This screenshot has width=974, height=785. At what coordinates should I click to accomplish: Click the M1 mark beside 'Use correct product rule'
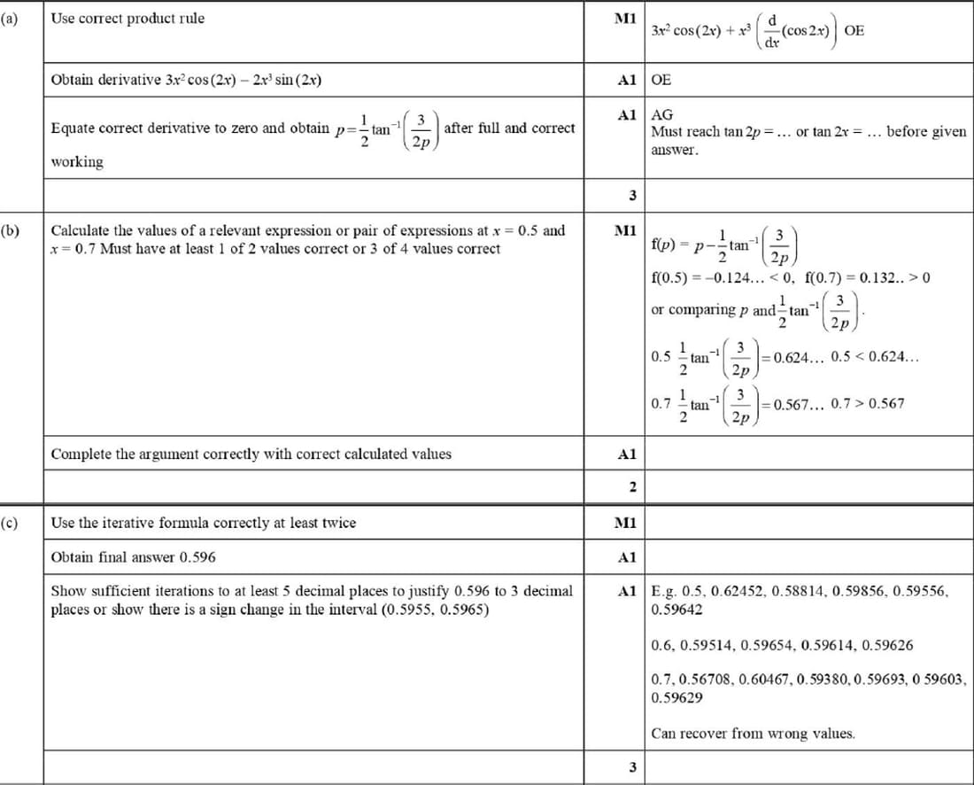[x=626, y=19]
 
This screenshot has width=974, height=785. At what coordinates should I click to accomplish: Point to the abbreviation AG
[x=661, y=115]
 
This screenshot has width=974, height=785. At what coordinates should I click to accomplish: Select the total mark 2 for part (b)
[x=632, y=486]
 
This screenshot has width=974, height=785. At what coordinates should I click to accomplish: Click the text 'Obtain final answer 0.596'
[x=133, y=557]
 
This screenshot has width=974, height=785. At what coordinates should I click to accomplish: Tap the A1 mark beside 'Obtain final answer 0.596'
[x=626, y=557]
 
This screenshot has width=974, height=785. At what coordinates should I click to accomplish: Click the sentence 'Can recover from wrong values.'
[x=753, y=734]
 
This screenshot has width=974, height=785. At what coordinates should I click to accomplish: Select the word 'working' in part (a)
[x=77, y=162]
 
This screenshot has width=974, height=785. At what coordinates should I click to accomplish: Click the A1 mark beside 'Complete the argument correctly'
[x=626, y=455]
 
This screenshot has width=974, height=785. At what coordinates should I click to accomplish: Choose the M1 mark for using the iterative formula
[x=626, y=523]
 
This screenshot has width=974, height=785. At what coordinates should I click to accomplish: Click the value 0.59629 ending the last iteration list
[x=676, y=698]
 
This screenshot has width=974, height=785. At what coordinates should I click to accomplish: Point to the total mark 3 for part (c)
[x=632, y=767]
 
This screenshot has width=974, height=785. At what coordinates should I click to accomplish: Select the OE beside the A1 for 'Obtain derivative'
[x=661, y=80]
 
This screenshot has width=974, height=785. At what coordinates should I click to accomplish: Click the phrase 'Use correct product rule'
[x=128, y=19]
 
